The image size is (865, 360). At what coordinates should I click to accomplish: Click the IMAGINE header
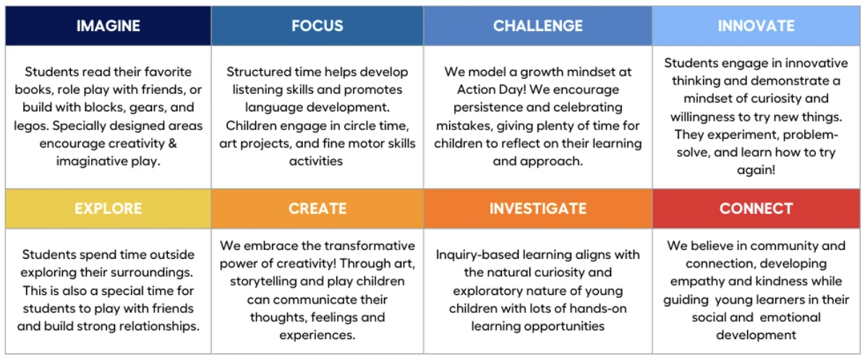[108, 25]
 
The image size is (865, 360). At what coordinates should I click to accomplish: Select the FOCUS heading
[318, 25]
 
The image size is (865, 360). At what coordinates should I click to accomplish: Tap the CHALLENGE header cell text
[538, 25]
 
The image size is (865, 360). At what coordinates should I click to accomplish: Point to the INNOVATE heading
[756, 25]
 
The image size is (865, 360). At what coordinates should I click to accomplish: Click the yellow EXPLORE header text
[108, 208]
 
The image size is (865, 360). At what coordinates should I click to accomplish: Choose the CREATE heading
[318, 208]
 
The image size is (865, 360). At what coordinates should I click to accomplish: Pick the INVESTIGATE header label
[538, 208]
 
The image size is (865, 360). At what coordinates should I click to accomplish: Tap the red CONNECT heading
[756, 208]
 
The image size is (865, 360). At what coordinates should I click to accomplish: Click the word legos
[31, 127]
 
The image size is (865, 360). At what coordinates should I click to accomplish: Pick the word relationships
[163, 326]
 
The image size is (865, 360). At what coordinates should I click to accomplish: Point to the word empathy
[691, 282]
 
